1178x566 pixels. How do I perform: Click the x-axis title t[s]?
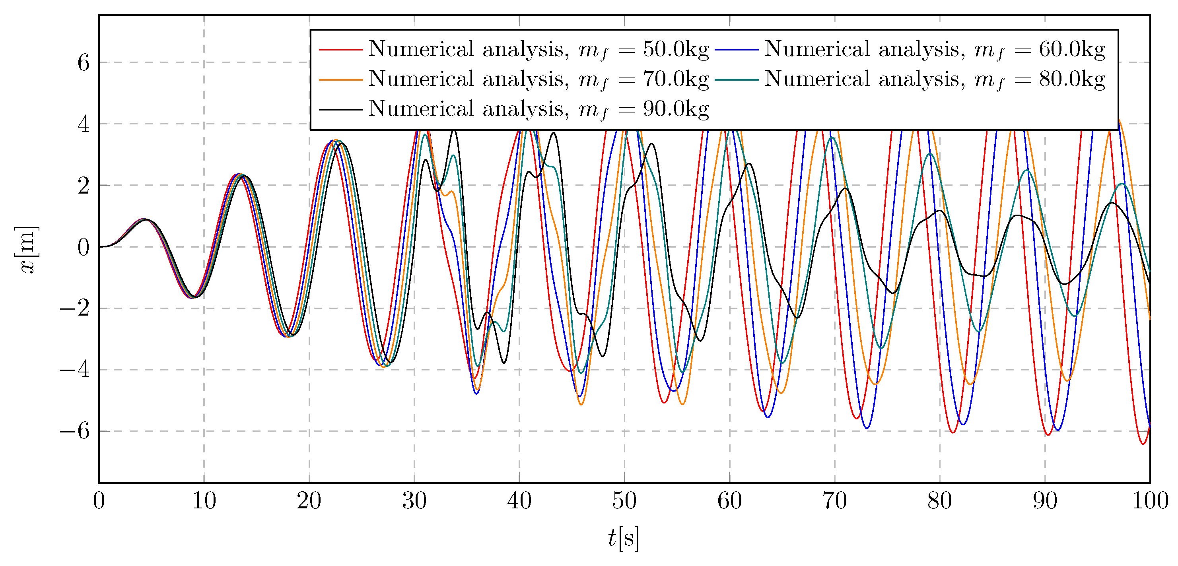click(x=624, y=538)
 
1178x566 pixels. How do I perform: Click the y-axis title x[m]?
click(x=27, y=249)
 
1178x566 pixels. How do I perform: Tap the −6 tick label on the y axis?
click(x=75, y=431)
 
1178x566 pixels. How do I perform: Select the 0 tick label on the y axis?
click(x=83, y=247)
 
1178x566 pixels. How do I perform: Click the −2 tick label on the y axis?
click(x=75, y=308)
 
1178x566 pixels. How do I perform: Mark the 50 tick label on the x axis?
click(x=624, y=501)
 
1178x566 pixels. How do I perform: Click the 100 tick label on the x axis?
click(x=1150, y=501)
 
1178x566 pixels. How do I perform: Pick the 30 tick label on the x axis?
click(x=414, y=501)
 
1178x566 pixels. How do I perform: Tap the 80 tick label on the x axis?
click(x=940, y=501)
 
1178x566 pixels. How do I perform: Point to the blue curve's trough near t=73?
click(x=867, y=428)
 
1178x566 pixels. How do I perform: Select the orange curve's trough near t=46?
click(x=581, y=405)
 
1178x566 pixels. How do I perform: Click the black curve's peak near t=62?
click(x=749, y=164)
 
